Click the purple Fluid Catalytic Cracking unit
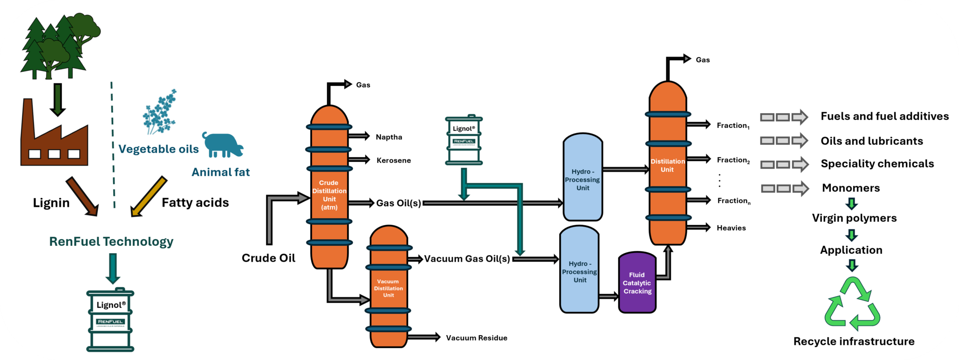[x=637, y=283]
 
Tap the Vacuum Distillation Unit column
[x=388, y=288]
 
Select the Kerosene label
[x=393, y=161]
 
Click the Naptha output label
[x=389, y=137]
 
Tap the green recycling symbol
[x=852, y=305]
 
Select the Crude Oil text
[x=268, y=258]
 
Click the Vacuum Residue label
[x=476, y=338]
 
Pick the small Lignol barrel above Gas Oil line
[x=464, y=140]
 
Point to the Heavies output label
[x=731, y=228]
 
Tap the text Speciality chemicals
[x=877, y=164]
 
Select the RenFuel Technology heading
[x=111, y=242]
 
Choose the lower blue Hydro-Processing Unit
[x=579, y=271]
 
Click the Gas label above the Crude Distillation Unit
[x=363, y=85]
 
